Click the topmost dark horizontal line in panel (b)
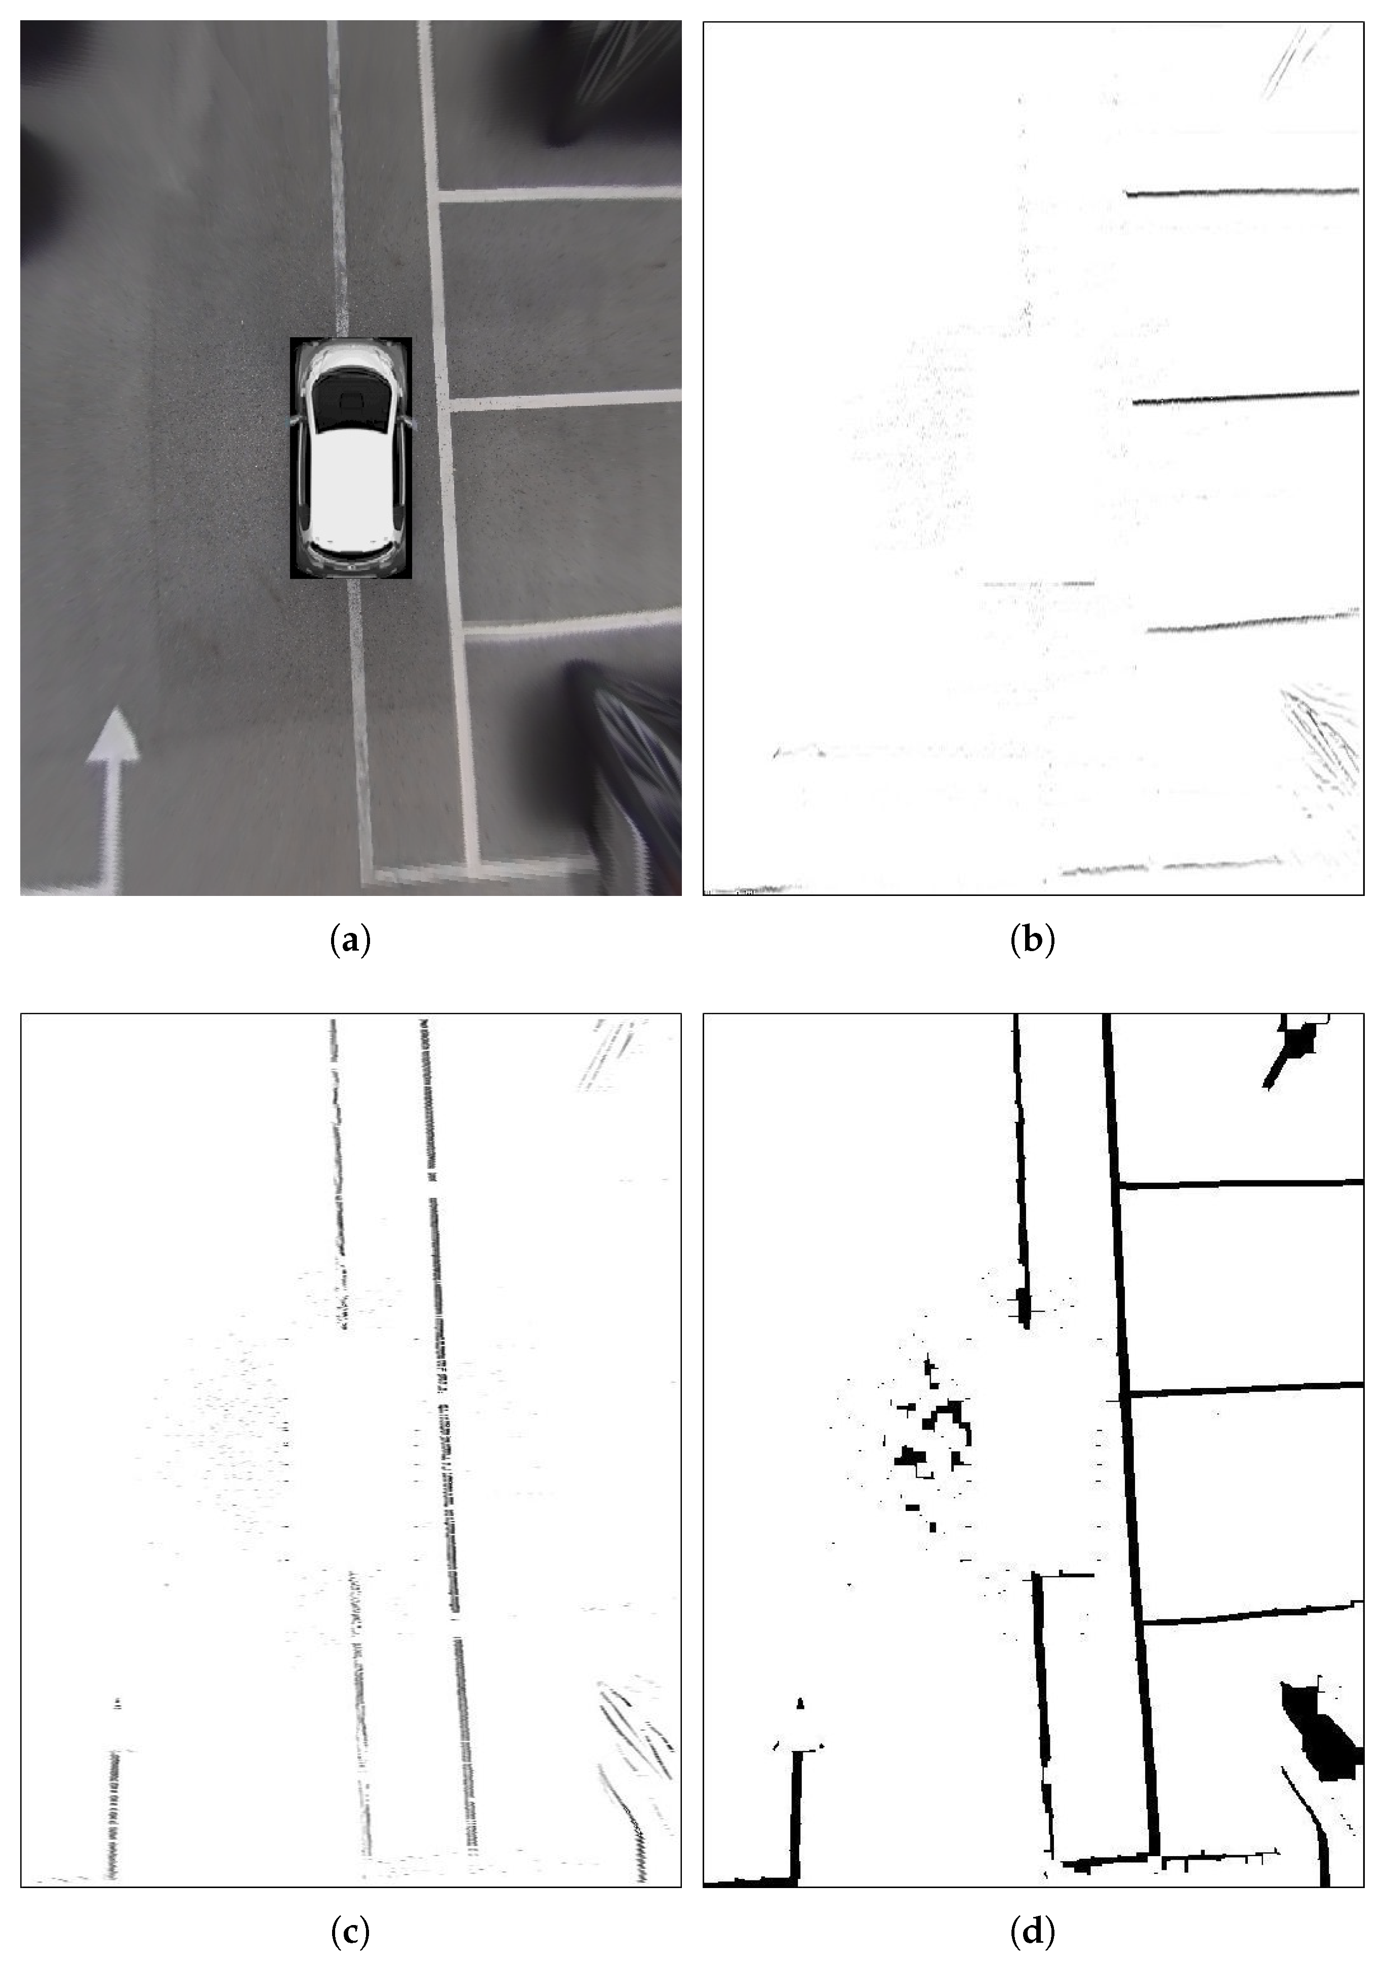coord(1242,192)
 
